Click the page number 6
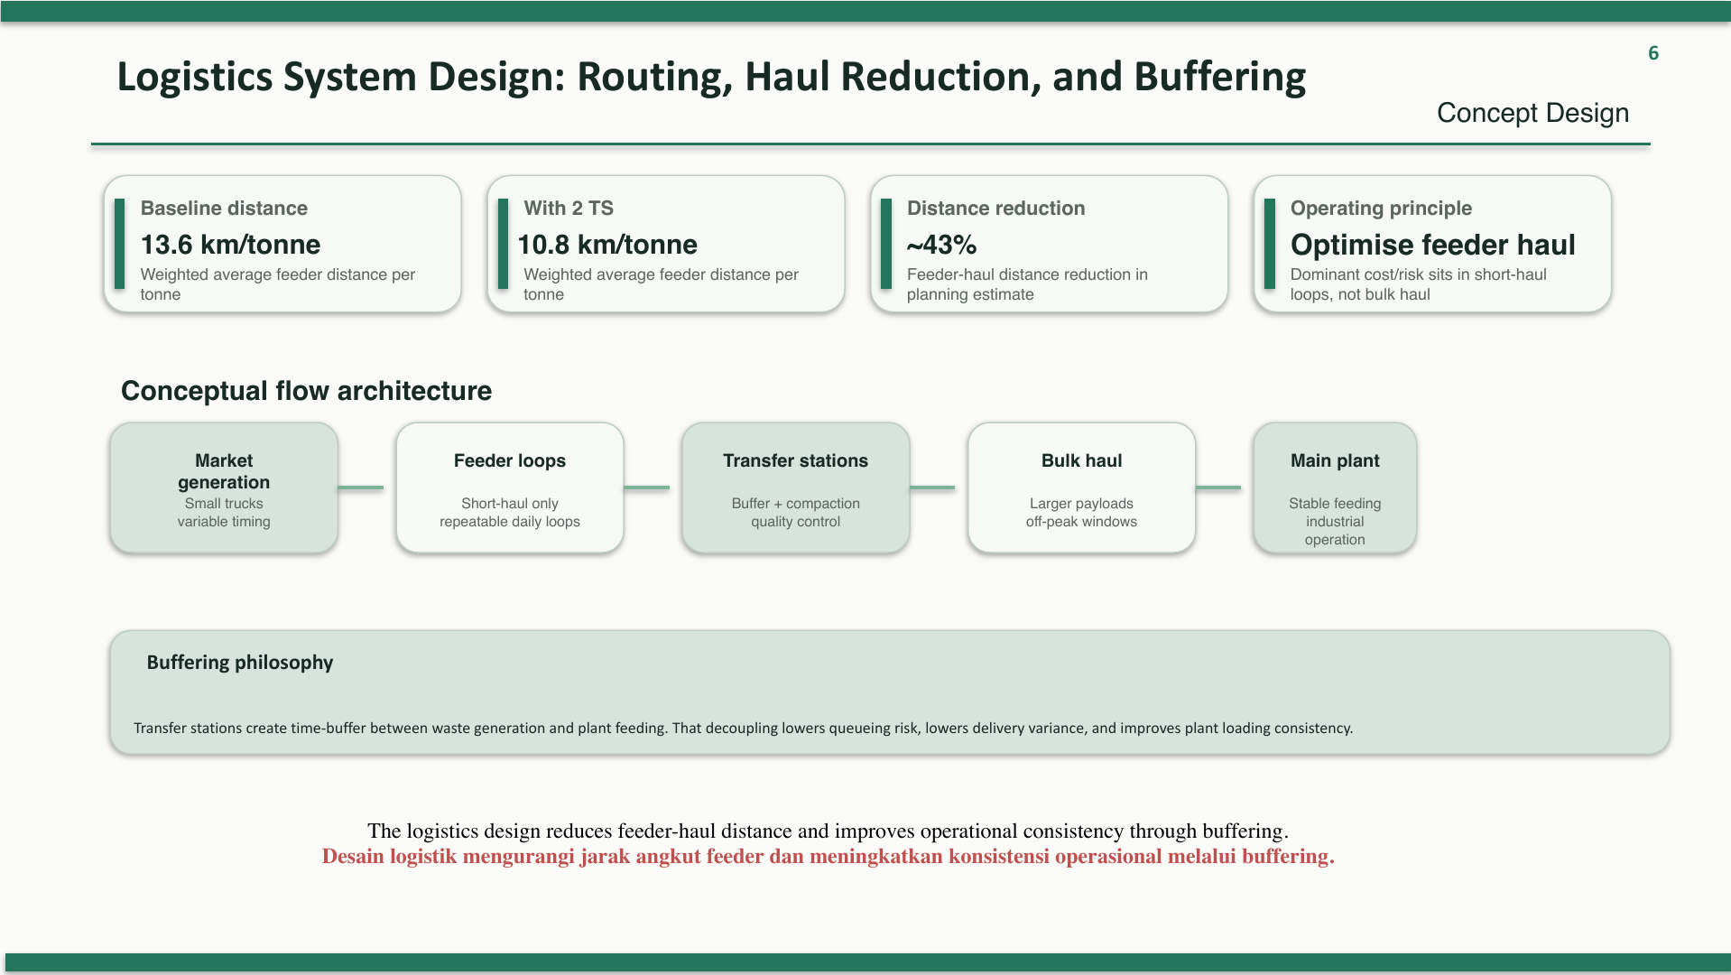click(x=1653, y=53)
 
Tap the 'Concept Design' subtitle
click(x=1532, y=113)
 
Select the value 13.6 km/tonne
click(x=230, y=245)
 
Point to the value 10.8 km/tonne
click(x=606, y=245)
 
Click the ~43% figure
click(x=941, y=245)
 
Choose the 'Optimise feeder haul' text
click(x=1432, y=245)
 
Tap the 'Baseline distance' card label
click(x=224, y=209)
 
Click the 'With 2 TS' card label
click(x=569, y=209)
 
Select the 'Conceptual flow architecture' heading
click(x=306, y=391)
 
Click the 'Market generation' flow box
click(x=224, y=487)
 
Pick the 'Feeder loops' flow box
click(x=510, y=487)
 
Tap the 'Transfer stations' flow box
click(x=796, y=487)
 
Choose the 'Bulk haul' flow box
click(x=1081, y=487)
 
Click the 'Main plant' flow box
click(x=1335, y=487)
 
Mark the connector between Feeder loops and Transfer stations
click(x=646, y=487)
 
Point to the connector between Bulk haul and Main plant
click(x=1218, y=487)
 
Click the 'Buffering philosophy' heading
click(x=240, y=663)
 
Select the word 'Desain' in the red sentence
click(x=353, y=857)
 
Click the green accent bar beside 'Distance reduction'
click(x=886, y=244)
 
